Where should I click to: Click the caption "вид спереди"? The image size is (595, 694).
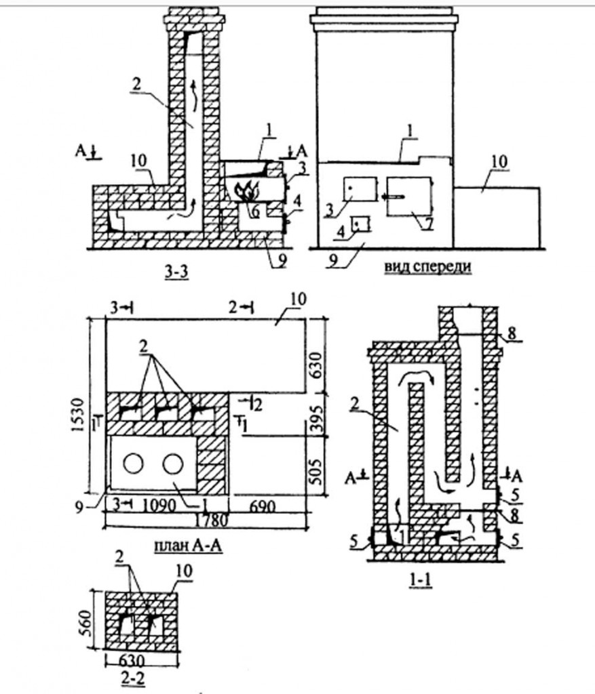point(427,267)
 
